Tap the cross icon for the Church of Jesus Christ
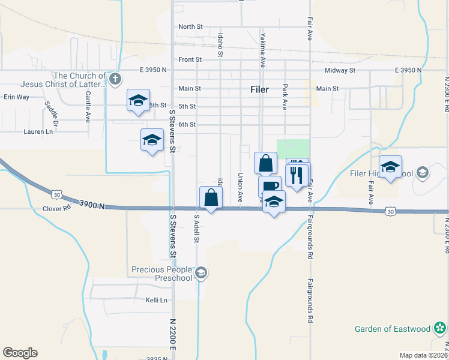(x=116, y=78)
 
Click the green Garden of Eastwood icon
(x=441, y=328)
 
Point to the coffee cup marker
(x=270, y=185)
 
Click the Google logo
(x=20, y=353)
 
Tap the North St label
(x=191, y=26)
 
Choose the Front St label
(x=190, y=59)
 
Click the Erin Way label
(x=16, y=97)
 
